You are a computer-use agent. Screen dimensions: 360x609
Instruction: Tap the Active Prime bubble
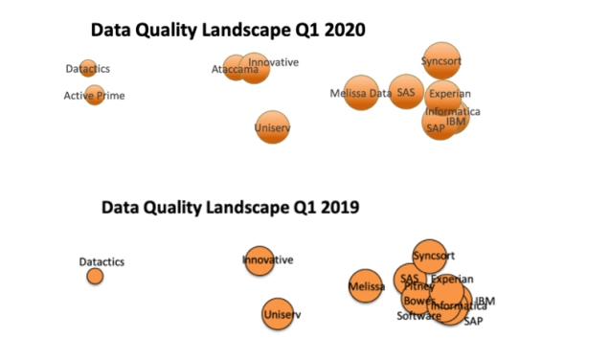(94, 95)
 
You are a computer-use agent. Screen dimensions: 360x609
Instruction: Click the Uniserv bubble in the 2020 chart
(273, 126)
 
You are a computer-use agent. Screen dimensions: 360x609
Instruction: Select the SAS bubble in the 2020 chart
(407, 92)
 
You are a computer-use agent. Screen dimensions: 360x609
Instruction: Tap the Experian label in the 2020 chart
(449, 94)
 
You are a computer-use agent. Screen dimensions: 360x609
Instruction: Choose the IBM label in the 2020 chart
(457, 122)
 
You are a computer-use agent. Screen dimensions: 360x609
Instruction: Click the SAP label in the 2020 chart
(436, 128)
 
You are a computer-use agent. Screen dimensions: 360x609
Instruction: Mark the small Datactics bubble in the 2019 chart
(95, 276)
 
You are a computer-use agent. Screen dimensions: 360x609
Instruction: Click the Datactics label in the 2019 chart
(101, 261)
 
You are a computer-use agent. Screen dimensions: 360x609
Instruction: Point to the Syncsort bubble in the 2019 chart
(431, 256)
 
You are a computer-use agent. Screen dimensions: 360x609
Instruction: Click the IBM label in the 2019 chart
(485, 302)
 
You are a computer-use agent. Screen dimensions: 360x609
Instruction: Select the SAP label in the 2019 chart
(474, 322)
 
